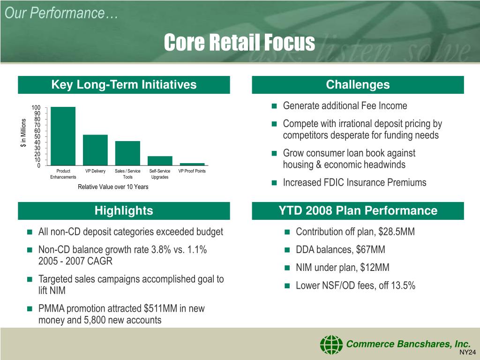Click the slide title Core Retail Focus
coord(240,43)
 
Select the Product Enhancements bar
coord(63,136)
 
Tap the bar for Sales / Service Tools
coord(127,153)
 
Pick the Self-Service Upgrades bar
coord(160,160)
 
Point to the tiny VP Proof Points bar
coord(192,164)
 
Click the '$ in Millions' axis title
coord(23,134)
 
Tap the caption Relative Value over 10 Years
coord(113,187)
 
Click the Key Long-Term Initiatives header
coord(124,85)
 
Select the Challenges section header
coord(358,85)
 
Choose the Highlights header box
coord(124,211)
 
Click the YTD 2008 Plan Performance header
coord(358,211)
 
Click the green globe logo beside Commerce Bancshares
coord(331,345)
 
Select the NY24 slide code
coord(467,352)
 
